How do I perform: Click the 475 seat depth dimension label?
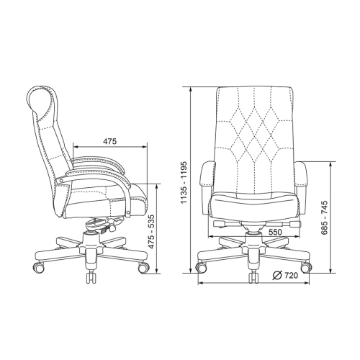pyautogui.click(x=109, y=141)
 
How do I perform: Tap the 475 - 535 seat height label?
pyautogui.click(x=151, y=232)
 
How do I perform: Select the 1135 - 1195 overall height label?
pyautogui.click(x=184, y=183)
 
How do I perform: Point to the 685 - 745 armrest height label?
pyautogui.click(x=324, y=217)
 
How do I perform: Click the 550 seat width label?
pyautogui.click(x=275, y=232)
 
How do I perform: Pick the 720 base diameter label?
pyautogui.click(x=292, y=276)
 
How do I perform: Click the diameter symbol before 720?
pyautogui.click(x=277, y=276)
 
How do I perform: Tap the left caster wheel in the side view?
pyautogui.click(x=38, y=267)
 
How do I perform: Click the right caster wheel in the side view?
pyautogui.click(x=143, y=267)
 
